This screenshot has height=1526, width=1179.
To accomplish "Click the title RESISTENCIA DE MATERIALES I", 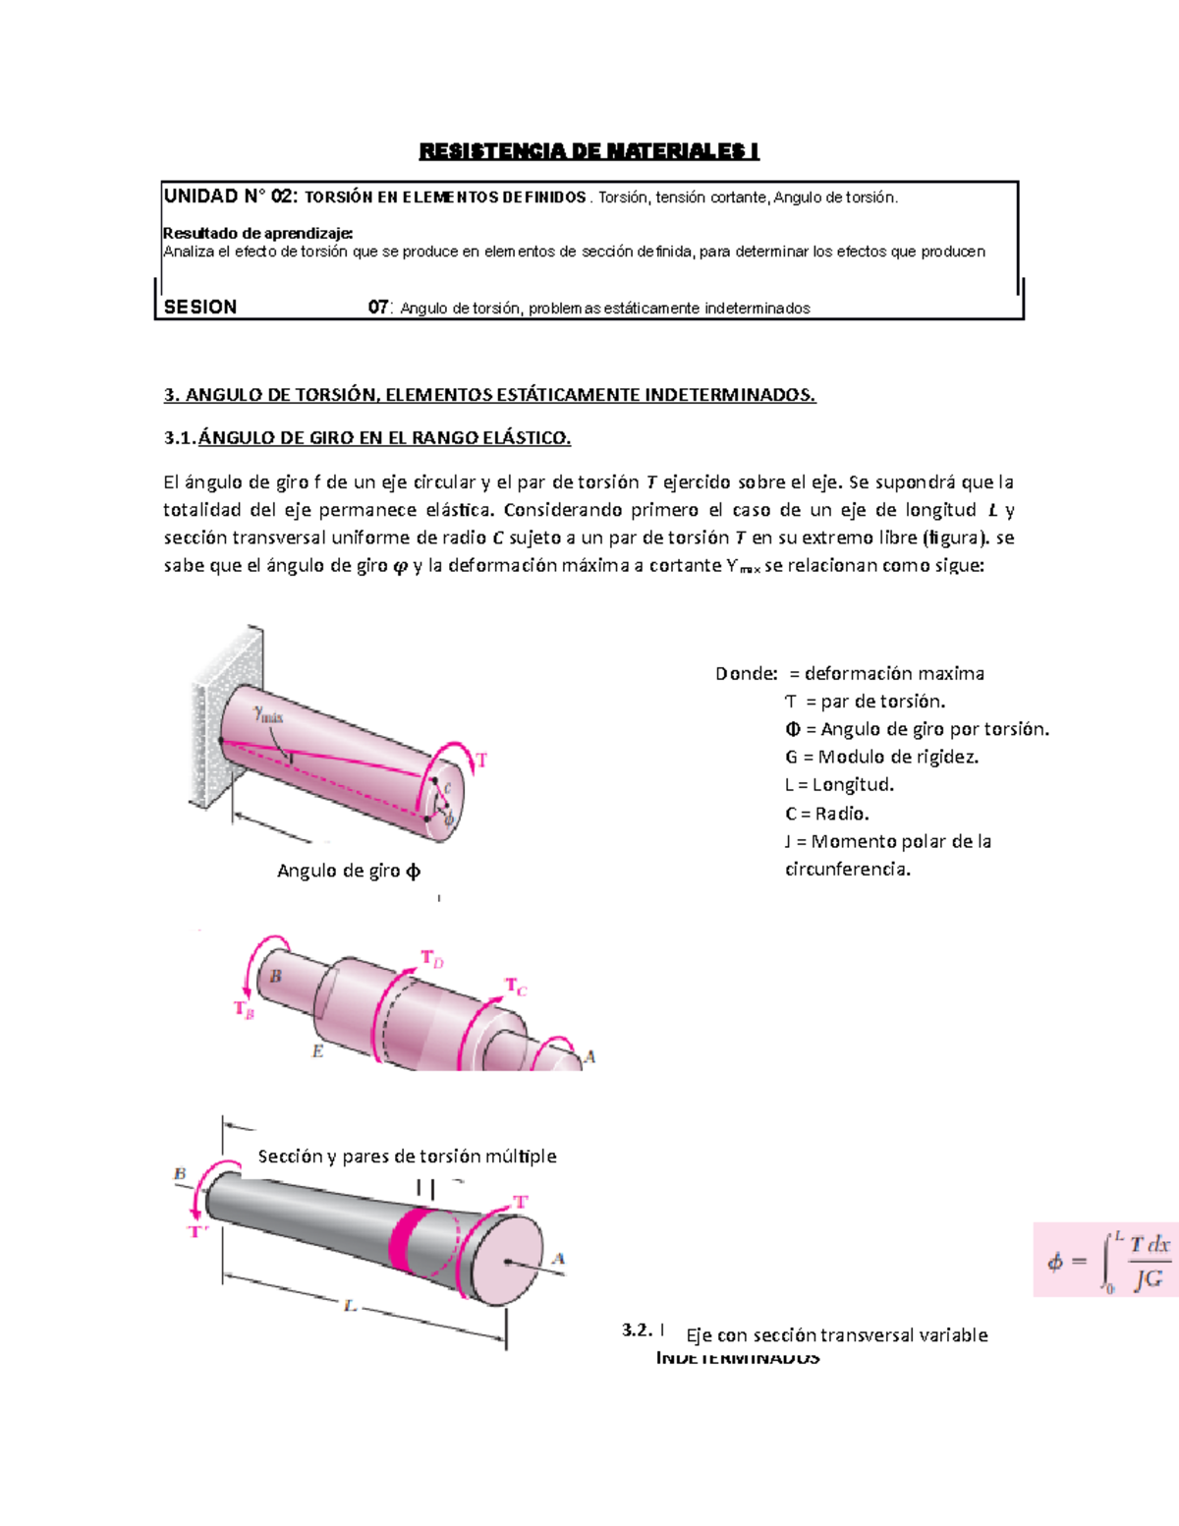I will (x=589, y=151).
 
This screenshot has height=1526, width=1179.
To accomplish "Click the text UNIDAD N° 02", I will (x=229, y=197).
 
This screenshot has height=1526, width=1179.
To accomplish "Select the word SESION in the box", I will (x=200, y=308).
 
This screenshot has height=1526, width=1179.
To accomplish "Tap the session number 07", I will (x=378, y=308).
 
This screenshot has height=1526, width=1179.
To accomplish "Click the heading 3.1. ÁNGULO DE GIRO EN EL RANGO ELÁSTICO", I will (x=367, y=438).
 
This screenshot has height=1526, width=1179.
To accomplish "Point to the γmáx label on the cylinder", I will (x=267, y=714).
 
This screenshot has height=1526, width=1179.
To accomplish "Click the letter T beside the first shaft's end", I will (x=481, y=760).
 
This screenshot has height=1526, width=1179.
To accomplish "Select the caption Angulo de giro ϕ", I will (x=349, y=871).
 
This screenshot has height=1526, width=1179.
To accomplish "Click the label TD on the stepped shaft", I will (x=432, y=958).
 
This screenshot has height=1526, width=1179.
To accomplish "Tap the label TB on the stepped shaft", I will (x=244, y=1009).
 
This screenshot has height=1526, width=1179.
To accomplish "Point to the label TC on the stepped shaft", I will (x=516, y=986).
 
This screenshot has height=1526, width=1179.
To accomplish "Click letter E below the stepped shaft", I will (x=317, y=1051).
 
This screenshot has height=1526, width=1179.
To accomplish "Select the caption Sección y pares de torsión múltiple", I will (x=407, y=1157).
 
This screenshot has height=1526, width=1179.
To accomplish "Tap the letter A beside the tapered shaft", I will (x=558, y=1259).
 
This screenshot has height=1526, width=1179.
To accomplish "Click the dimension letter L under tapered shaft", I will (x=350, y=1306).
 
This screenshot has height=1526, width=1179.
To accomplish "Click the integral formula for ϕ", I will (x=1106, y=1260).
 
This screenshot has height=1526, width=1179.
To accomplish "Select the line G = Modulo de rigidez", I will (x=881, y=757).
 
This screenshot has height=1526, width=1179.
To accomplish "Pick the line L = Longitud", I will (x=839, y=784).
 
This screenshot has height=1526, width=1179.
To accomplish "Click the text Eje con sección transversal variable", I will (x=836, y=1334).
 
